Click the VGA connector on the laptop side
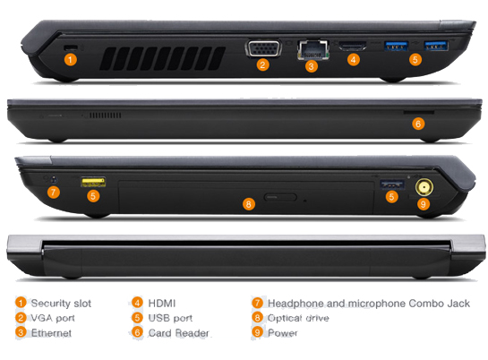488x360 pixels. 263,48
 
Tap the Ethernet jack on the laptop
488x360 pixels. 313,50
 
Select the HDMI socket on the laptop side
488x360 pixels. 353,46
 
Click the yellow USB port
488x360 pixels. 93,182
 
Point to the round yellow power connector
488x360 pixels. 424,187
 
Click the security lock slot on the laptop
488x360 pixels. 72,47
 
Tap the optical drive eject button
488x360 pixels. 280,197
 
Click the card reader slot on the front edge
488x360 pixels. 418,112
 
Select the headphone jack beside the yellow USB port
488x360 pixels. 54,179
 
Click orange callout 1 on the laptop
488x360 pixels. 71,59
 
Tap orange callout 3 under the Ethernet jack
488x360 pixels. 312,66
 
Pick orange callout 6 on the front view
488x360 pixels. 418,124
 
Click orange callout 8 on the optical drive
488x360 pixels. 248,204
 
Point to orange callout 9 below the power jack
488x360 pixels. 423,204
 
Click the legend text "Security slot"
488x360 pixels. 61,303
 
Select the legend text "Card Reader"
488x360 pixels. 179,333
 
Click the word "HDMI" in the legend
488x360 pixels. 162,303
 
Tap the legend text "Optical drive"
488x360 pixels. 298,318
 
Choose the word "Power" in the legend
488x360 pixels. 283,333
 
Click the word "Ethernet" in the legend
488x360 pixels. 51,333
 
